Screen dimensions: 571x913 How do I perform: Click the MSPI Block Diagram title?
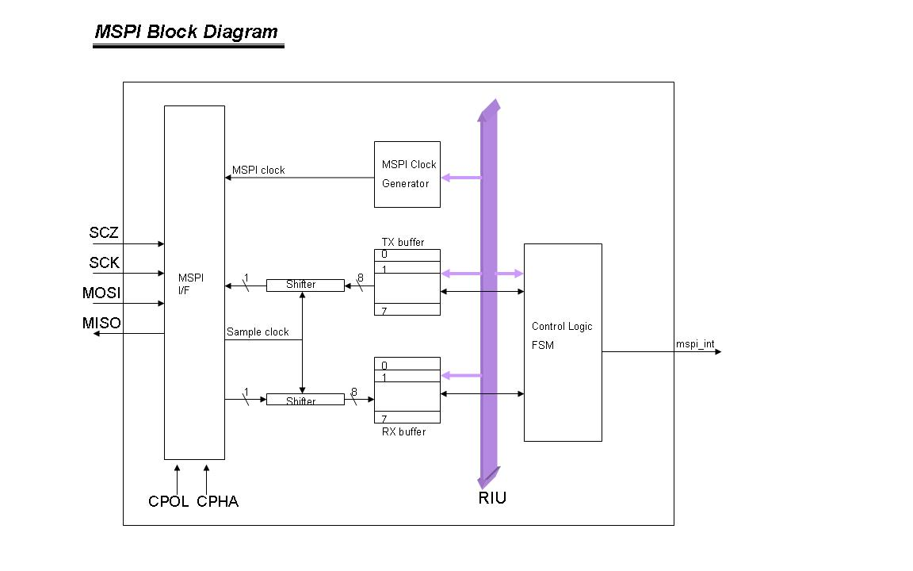tap(186, 33)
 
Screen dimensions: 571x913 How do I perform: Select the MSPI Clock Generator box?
tap(407, 174)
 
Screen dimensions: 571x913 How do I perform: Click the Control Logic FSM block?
tap(563, 342)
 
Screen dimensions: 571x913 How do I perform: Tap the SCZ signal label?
tap(104, 233)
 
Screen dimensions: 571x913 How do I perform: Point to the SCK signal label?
tap(105, 263)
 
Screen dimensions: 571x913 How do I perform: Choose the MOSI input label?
tap(101, 293)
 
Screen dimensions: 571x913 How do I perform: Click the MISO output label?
tap(101, 324)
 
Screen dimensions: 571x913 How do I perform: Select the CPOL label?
tap(168, 501)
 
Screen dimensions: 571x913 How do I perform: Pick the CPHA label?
tap(218, 501)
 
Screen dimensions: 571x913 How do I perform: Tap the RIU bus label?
tap(492, 499)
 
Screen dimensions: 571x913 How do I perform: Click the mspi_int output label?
tap(695, 344)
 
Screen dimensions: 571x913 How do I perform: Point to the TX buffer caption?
tap(403, 242)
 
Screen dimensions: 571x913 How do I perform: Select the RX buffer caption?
tap(403, 432)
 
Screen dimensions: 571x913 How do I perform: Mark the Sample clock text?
tap(258, 331)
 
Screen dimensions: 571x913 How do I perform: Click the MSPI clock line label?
tap(258, 170)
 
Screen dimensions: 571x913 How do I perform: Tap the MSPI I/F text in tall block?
tap(191, 285)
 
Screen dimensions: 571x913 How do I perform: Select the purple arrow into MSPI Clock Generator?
tap(460, 178)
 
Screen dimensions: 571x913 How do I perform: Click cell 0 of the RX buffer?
tap(407, 364)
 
